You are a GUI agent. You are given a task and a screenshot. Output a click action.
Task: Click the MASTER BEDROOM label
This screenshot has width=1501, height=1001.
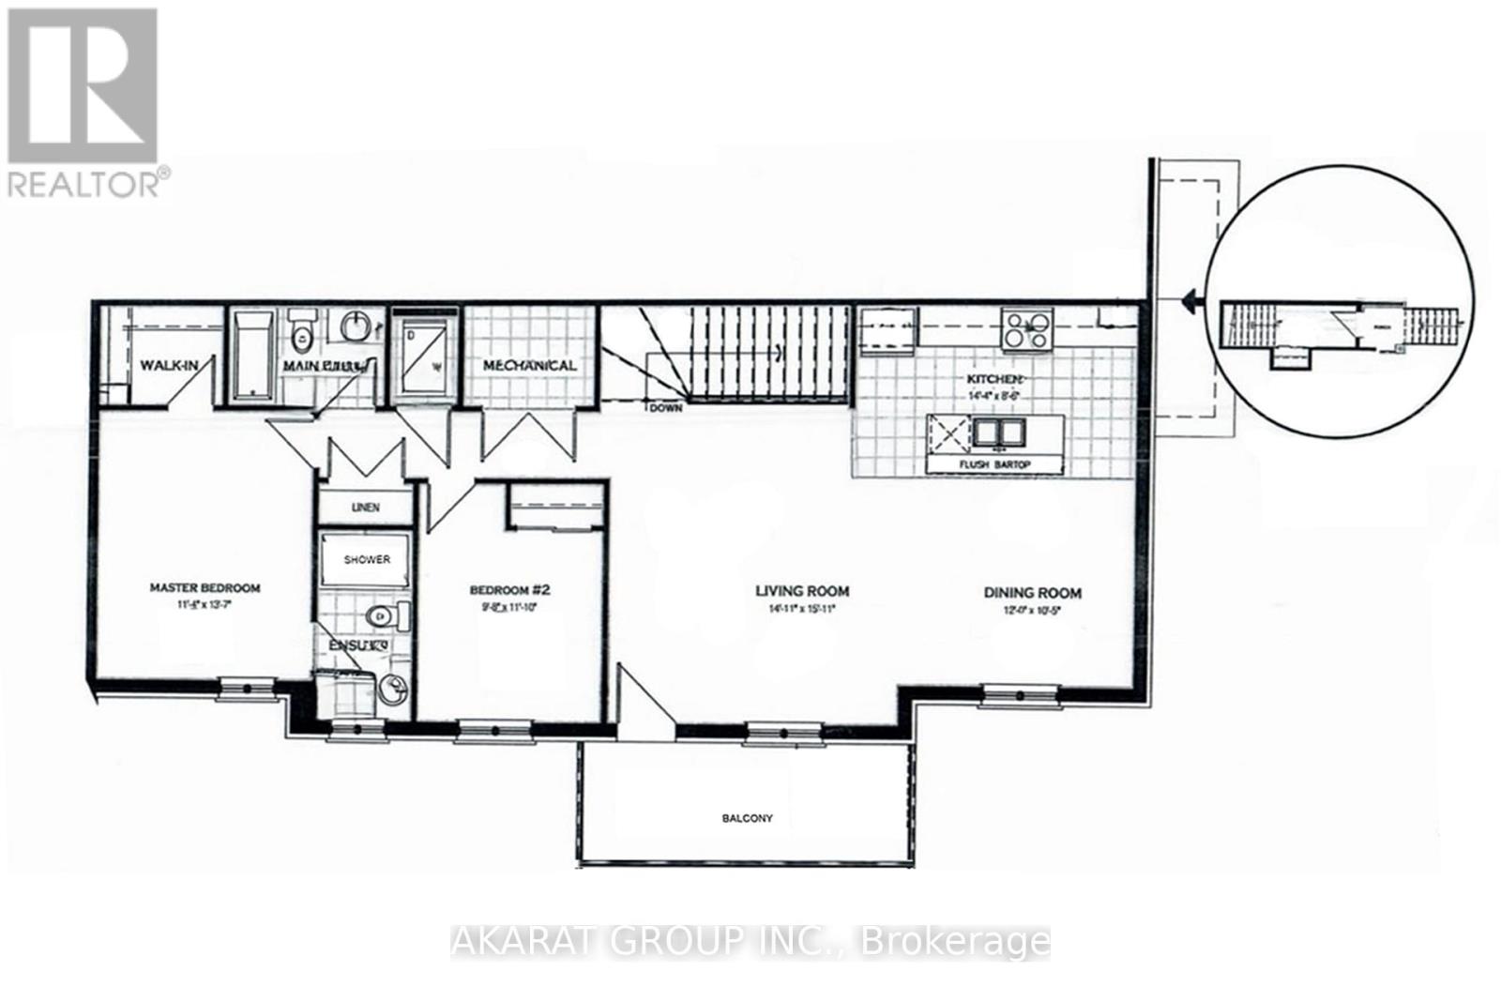205,588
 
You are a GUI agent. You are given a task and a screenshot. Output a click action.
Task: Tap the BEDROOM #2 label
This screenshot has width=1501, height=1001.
508,590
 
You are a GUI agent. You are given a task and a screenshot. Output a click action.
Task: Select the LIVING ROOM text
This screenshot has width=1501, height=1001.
802,591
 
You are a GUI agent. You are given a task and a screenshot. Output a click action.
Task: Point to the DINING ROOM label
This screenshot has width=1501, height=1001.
1032,593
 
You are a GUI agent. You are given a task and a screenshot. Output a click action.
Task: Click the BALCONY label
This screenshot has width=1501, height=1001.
747,818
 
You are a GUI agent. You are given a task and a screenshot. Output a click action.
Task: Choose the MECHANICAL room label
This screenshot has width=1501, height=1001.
529,365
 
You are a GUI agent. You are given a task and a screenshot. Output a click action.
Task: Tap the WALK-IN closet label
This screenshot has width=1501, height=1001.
169,365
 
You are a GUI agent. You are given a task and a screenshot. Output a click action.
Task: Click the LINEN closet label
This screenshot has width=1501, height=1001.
365,508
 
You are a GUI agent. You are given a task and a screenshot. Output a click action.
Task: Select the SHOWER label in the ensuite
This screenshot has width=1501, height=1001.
367,560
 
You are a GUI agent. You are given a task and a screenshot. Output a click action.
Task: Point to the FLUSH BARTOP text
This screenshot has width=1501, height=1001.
994,464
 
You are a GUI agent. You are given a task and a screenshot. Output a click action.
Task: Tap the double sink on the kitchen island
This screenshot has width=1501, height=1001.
998,432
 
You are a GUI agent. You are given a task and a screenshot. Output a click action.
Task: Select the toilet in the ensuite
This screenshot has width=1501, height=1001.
385,616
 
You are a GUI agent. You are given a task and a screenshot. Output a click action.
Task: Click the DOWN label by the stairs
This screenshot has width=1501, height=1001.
666,408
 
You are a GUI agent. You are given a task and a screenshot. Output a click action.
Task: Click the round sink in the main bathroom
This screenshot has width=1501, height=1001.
356,328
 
